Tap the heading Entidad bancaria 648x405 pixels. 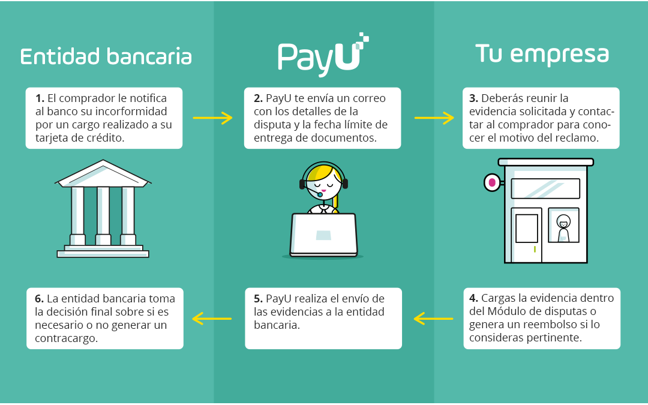coord(106,56)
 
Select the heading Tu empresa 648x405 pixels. coord(542,54)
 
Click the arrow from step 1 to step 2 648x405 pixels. coord(212,118)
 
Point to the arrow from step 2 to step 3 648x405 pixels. coord(434,118)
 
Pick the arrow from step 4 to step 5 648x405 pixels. coord(433,318)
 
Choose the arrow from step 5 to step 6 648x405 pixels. coord(212,318)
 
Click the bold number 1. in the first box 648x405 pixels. coord(40,98)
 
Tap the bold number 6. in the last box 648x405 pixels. coord(40,299)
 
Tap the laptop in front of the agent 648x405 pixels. coord(323,235)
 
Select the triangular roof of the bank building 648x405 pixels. coord(103,174)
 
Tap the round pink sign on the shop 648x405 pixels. coord(492,182)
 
